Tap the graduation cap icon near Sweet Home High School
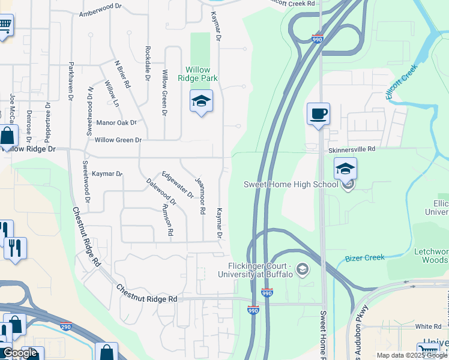click(345, 169)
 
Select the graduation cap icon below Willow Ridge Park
click(201, 101)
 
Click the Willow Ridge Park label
click(197, 74)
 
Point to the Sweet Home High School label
click(291, 184)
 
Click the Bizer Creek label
click(364, 258)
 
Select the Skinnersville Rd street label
click(351, 148)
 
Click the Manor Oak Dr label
click(116, 123)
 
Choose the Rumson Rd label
click(167, 219)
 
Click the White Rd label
click(428, 326)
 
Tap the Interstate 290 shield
click(65, 327)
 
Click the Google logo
click(20, 353)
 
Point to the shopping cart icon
click(5, 25)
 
